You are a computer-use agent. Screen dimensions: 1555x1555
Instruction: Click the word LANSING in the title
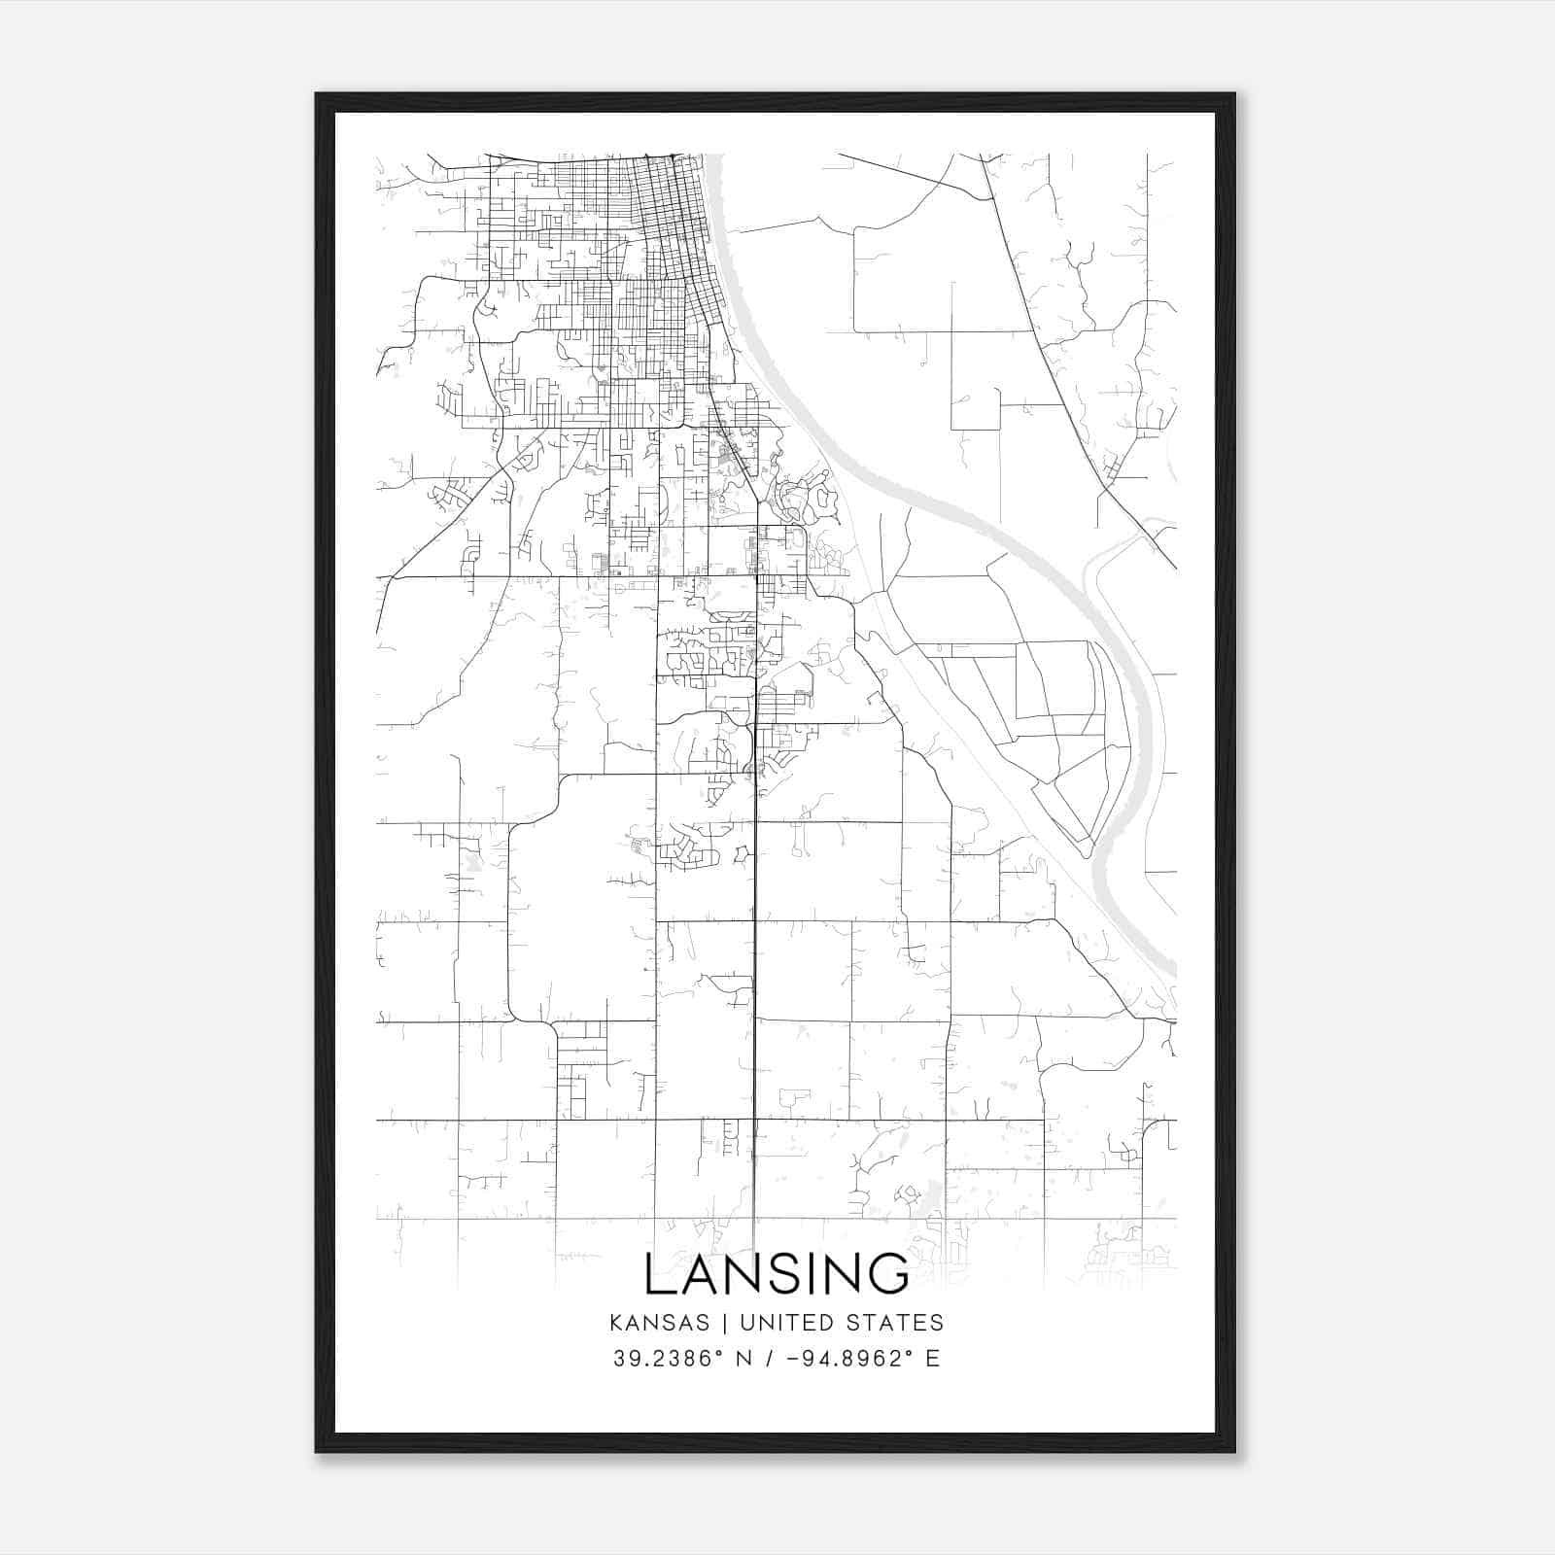point(777,1274)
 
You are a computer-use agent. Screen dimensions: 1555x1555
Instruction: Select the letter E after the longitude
point(932,1359)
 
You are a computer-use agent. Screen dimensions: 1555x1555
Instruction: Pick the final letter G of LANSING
point(889,1274)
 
